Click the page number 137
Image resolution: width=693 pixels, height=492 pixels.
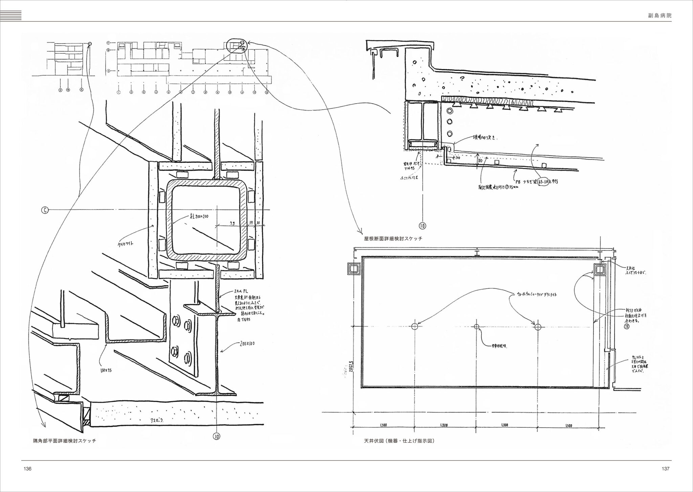coord(665,469)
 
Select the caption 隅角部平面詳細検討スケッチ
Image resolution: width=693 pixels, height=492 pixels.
coord(65,441)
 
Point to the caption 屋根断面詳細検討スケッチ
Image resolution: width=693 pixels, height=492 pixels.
coord(393,239)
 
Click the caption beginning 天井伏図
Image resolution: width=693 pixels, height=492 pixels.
coord(399,441)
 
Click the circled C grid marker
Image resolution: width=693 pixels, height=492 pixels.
coord(45,210)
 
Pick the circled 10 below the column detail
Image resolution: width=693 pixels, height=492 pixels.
coord(217,437)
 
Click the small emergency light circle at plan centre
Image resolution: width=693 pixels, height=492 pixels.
coord(477,327)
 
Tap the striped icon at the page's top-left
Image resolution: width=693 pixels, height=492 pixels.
coord(11,16)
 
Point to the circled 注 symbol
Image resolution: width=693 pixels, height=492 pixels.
coord(627,327)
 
